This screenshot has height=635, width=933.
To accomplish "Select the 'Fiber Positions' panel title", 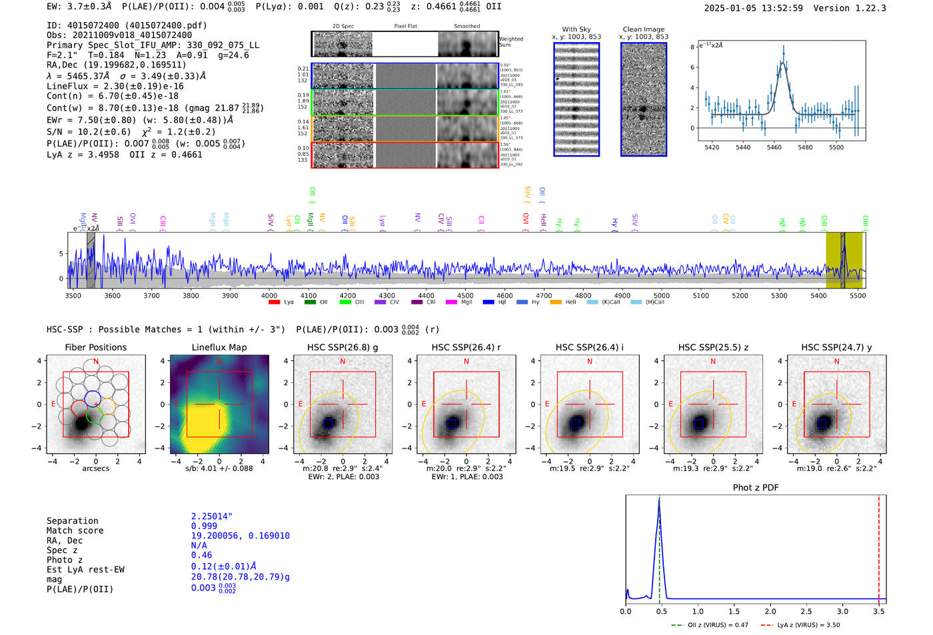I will click(95, 347).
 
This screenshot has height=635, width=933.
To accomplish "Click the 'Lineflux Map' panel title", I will click(219, 347).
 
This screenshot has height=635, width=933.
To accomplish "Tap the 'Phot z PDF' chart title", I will click(755, 487).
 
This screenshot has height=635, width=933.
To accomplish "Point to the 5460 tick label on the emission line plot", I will click(774, 147).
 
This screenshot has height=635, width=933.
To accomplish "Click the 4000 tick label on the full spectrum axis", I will click(269, 295).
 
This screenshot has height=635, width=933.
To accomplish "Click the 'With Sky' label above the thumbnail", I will click(576, 29).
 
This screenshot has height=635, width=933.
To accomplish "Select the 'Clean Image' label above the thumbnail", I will click(643, 29).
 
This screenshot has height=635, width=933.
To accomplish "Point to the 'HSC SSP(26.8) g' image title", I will click(342, 347).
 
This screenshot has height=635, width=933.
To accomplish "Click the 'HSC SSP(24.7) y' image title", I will click(836, 347).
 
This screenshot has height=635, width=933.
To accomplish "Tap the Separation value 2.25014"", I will click(211, 516).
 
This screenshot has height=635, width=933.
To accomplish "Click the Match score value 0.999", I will click(204, 526).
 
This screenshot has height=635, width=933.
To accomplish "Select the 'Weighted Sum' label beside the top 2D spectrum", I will click(510, 41).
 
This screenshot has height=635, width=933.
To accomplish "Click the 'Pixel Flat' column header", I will click(405, 26).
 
